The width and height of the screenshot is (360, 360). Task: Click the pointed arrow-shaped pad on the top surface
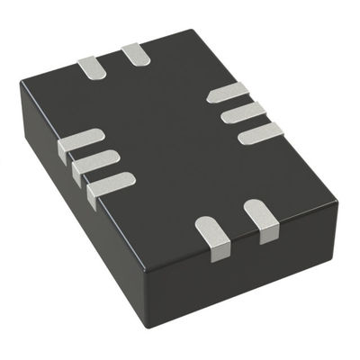tap(228, 91)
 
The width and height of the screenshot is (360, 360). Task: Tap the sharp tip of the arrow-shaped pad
tap(208, 94)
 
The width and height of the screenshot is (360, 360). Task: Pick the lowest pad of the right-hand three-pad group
tap(261, 133)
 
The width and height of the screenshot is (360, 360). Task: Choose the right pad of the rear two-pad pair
tap(136, 54)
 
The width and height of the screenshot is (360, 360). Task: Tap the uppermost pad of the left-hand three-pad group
tap(80, 142)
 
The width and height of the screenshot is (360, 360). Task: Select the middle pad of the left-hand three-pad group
tap(96, 162)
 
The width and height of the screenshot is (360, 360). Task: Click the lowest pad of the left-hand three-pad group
tap(112, 183)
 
